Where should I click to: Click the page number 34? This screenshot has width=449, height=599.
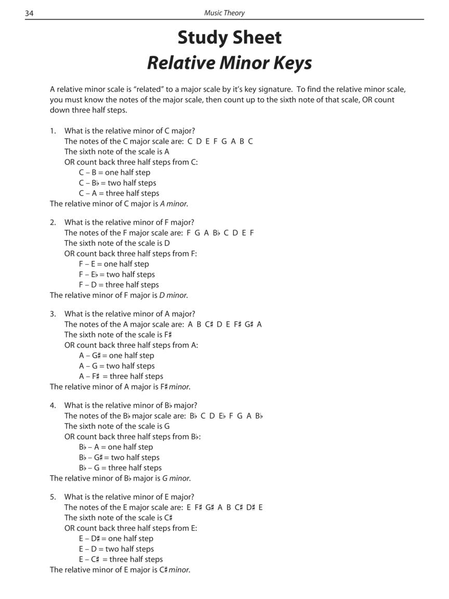pyautogui.click(x=30, y=12)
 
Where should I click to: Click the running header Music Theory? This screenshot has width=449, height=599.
pyautogui.click(x=224, y=12)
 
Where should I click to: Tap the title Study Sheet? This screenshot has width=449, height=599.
pyautogui.click(x=229, y=37)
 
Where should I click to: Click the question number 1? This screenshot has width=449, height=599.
pyautogui.click(x=52, y=131)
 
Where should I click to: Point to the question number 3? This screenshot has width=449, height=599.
pyautogui.click(x=52, y=314)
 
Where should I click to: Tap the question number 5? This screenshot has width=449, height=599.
pyautogui.click(x=52, y=497)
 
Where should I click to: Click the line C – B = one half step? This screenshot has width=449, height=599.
pyautogui.click(x=114, y=173)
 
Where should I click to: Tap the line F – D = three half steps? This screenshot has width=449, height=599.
pyautogui.click(x=118, y=285)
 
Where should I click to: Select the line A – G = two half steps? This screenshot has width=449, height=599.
pyautogui.click(x=116, y=366)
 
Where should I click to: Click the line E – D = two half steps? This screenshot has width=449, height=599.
pyautogui.click(x=116, y=549)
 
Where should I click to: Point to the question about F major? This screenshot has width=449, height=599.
pyautogui.click(x=129, y=223)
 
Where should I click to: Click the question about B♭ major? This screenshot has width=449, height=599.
pyautogui.click(x=130, y=406)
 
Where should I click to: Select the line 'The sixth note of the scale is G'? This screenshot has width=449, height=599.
pyautogui.click(x=117, y=426)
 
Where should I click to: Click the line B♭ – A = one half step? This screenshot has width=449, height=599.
pyautogui.click(x=116, y=447)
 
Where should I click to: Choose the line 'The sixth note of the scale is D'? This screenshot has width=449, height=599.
pyautogui.click(x=117, y=243)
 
